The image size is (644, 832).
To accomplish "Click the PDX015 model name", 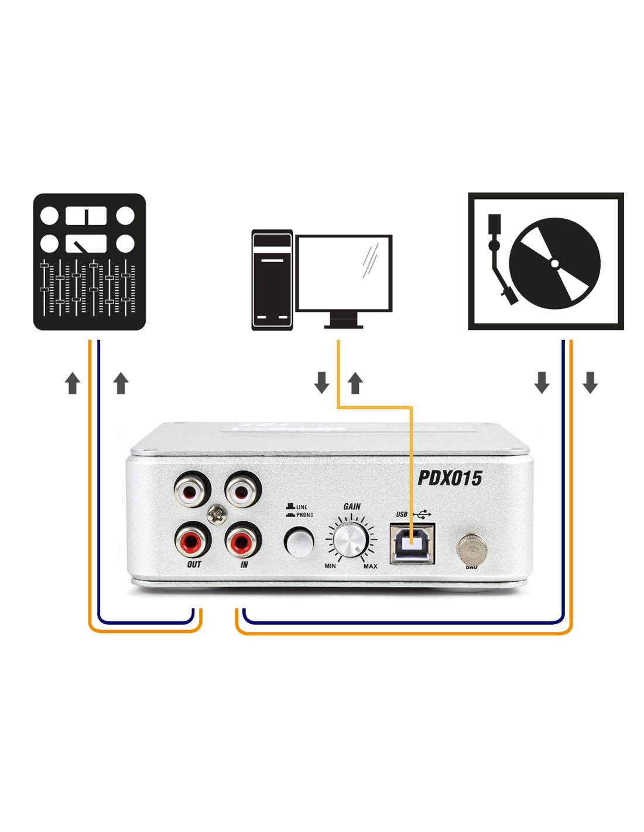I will coord(449,478).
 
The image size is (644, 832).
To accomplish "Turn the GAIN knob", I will coord(350,539).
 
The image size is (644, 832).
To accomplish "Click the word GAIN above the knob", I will coord(352,506).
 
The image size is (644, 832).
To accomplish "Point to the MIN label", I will coord(330,566).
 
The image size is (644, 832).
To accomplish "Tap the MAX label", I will coord(370,566).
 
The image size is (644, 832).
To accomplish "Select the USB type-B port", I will coord(412,543).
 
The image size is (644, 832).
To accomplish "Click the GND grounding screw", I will coord(471,548).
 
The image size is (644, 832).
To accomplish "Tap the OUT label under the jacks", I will coord(194,565).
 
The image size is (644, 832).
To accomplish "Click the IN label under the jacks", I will coord(244,565).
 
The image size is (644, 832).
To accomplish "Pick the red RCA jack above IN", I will coord(242,541).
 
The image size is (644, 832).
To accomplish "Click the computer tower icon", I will coord(272,280).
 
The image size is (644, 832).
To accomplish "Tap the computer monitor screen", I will coord(344,273).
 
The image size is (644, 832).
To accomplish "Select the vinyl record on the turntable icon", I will coord(554,263).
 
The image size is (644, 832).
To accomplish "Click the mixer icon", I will coord(89,262).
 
